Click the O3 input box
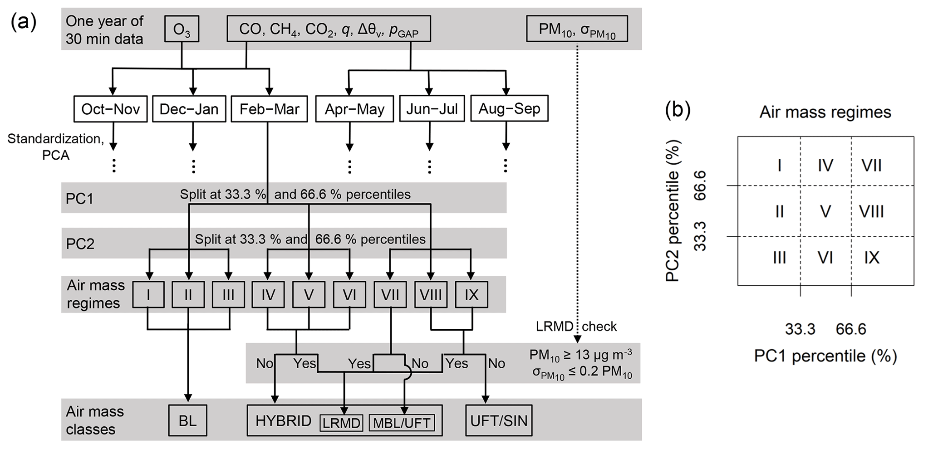182,29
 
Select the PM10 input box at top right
577,29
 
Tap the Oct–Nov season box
110,109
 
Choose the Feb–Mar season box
269,109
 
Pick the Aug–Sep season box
509,108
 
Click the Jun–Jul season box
432,109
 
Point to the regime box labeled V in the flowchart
309,295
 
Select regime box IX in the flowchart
471,295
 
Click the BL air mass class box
187,421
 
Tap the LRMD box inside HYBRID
341,423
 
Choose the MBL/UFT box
402,423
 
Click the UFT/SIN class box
499,421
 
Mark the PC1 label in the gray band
79,199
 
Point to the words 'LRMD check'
576,327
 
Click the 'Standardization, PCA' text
56,146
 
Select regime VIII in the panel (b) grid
871,211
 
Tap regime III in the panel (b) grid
779,258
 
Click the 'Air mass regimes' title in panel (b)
825,112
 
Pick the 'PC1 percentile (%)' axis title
825,356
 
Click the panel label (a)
24,22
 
